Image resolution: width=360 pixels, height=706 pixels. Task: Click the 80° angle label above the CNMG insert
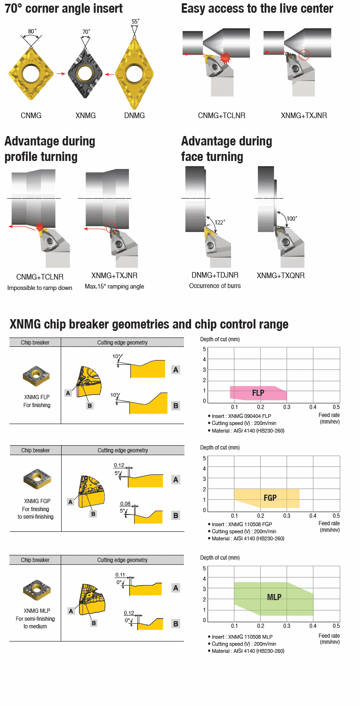pos(31,32)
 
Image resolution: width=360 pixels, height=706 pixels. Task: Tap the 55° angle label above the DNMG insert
pos(136,22)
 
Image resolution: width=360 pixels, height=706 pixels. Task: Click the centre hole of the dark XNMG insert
pos(86,72)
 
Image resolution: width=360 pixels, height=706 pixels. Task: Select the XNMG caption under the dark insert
pos(86,115)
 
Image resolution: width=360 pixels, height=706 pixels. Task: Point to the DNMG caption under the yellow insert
pos(135,115)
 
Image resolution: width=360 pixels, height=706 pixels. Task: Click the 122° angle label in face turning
pos(219,222)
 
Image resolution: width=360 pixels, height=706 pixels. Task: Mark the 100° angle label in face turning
pos(292,218)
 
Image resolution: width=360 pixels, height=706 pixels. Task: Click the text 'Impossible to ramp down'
pos(40,288)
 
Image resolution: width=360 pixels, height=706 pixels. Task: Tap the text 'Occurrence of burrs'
pos(215,286)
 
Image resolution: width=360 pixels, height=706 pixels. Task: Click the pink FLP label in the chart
pos(258,393)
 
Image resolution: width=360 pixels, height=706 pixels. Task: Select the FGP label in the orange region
pos(270,497)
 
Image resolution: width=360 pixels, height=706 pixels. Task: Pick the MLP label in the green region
pos(274,597)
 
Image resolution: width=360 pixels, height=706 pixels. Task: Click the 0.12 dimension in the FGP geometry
pos(119,465)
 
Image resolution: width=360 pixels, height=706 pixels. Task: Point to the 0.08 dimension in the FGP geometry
pos(125,503)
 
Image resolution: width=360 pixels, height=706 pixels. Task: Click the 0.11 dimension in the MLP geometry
pos(120,575)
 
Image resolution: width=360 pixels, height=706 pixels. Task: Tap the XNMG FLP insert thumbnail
pos(35,375)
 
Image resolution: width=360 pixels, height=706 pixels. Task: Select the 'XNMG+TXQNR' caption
pos(280,275)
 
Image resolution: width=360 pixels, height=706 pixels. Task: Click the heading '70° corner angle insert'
pos(64,8)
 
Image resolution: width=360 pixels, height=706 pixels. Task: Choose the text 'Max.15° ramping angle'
pos(114,287)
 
